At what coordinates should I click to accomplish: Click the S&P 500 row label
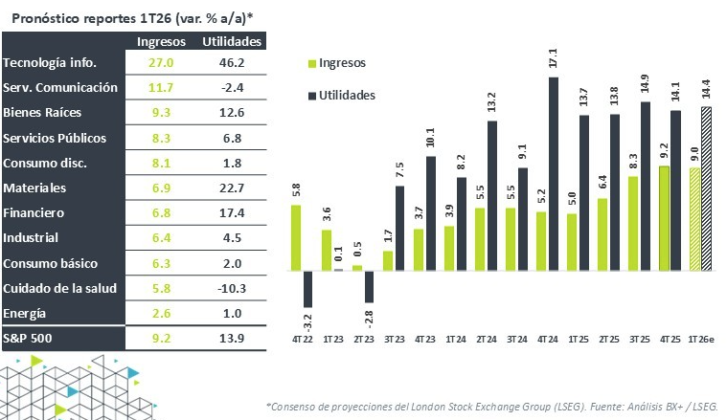[x=30, y=338]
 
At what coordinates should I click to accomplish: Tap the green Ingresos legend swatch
[x=311, y=63]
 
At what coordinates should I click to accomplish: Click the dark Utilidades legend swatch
[x=311, y=96]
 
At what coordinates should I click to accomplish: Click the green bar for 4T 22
[x=296, y=237]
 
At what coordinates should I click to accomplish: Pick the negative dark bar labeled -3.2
[x=308, y=288]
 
